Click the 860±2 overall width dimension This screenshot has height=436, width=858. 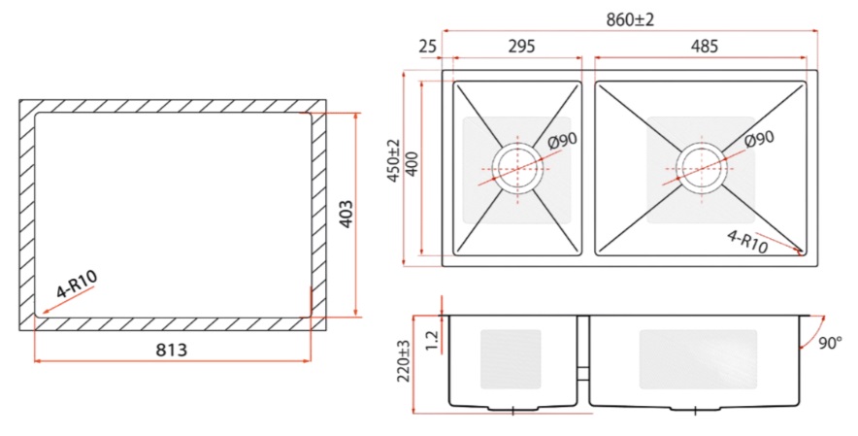(x=630, y=20)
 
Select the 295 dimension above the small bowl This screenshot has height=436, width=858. (x=521, y=46)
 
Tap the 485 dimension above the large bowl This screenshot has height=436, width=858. (x=704, y=46)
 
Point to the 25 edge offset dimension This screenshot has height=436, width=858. (x=428, y=47)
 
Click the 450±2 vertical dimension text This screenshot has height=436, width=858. (x=393, y=160)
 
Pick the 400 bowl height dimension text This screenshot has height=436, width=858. (x=412, y=163)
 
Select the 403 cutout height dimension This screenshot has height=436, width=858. (x=346, y=215)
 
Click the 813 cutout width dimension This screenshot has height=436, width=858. (x=171, y=350)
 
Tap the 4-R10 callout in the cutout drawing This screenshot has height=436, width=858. (x=77, y=284)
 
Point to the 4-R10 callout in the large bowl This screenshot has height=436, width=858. (x=747, y=242)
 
